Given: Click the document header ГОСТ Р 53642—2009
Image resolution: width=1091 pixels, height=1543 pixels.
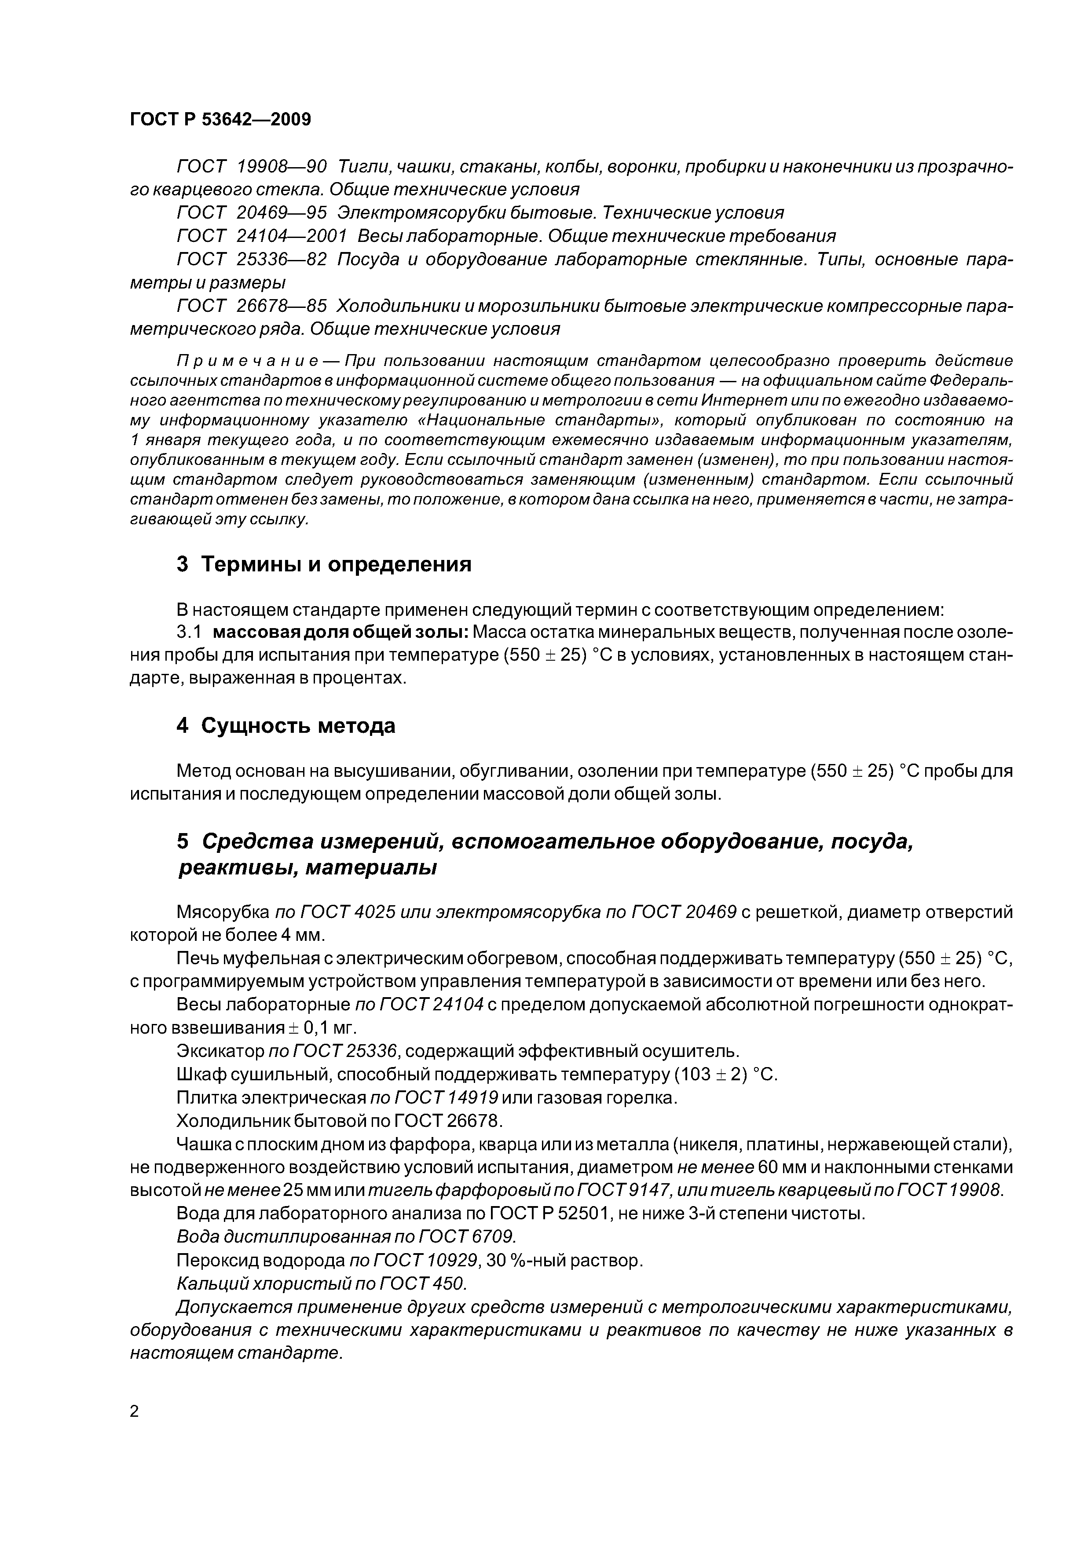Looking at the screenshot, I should pos(220,120).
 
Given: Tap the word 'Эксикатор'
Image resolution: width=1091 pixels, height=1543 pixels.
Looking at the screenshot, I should pos(220,1051).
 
